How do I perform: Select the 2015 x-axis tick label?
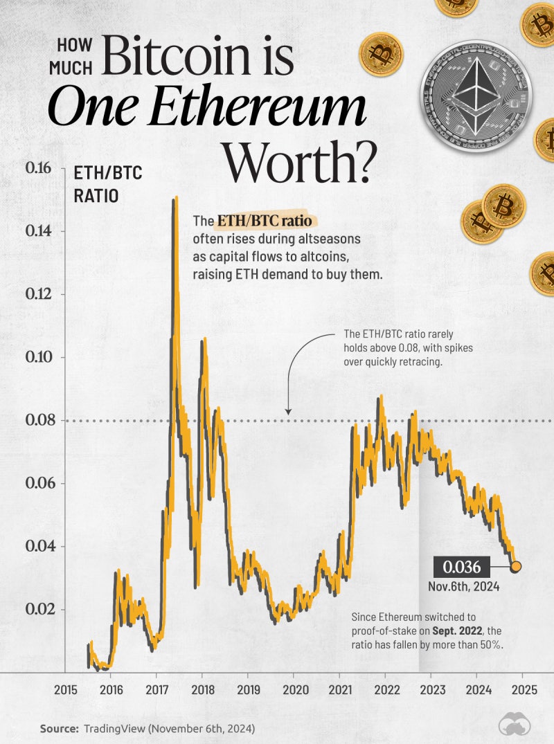click(66, 690)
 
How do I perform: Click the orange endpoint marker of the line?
click(516, 568)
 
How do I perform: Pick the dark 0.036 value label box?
click(462, 568)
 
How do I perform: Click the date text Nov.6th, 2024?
click(463, 587)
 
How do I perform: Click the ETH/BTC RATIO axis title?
click(107, 184)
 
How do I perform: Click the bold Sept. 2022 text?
click(456, 630)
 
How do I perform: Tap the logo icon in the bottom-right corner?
click(515, 725)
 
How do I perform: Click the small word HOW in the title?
click(74, 46)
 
